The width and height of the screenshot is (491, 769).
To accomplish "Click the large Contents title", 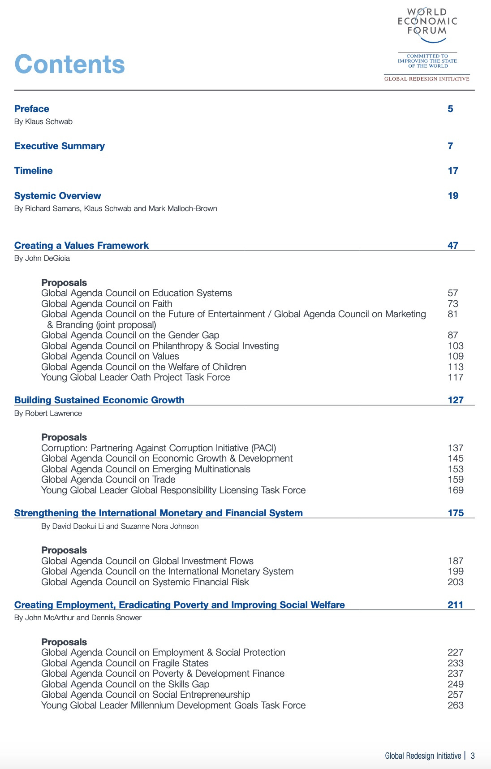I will click(x=69, y=64).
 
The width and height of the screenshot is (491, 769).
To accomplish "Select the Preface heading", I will click(x=32, y=109).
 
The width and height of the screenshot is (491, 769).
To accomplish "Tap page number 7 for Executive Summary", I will click(x=450, y=146).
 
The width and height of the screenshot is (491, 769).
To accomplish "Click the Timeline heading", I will click(x=34, y=171).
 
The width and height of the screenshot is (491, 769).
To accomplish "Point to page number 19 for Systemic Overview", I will click(x=453, y=196).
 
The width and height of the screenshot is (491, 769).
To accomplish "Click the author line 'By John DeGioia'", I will click(x=42, y=258).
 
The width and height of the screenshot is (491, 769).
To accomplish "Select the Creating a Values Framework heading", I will click(x=82, y=246).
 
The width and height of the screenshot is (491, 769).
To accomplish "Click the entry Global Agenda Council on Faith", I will click(x=107, y=304).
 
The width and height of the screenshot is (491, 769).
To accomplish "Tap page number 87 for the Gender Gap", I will click(x=453, y=335).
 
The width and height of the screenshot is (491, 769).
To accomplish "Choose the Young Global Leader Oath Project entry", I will click(x=135, y=377).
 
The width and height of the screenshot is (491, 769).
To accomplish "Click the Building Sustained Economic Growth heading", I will click(x=99, y=400).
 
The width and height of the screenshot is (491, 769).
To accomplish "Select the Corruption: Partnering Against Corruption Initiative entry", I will click(x=159, y=448).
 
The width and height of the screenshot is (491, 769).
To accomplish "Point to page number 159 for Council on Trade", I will click(x=456, y=480).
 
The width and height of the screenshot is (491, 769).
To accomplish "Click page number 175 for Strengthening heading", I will click(x=456, y=513).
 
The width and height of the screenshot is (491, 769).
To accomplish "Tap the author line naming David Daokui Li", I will click(x=120, y=526).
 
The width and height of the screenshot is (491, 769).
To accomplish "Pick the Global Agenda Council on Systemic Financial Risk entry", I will click(x=145, y=582).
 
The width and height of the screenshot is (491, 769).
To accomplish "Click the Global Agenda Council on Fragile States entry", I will click(x=125, y=663).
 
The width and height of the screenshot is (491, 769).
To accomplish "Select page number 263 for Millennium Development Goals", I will click(x=456, y=705).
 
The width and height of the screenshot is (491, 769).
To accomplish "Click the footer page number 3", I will click(x=473, y=756).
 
